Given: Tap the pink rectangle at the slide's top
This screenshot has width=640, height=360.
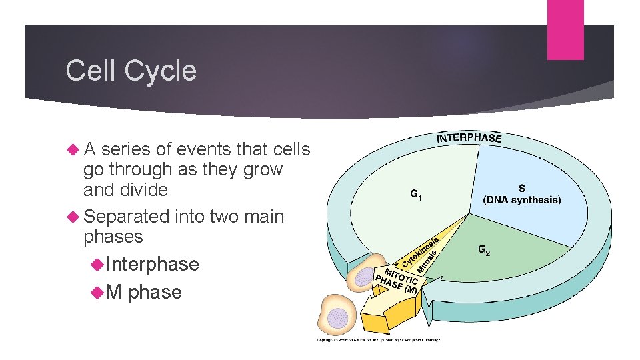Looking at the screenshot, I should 565,29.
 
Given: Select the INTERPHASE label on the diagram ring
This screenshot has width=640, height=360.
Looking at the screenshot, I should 469,138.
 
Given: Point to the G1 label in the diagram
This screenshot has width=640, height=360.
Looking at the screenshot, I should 415,195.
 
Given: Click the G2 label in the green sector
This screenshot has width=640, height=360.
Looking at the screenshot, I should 485,251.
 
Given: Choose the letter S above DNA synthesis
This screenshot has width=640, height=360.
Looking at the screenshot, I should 521,189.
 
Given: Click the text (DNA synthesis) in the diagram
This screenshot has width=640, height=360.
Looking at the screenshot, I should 522,200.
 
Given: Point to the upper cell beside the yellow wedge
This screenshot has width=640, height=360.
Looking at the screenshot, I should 367,273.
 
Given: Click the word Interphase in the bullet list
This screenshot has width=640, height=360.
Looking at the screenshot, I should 152,264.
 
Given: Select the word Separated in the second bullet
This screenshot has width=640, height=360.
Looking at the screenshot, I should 127,217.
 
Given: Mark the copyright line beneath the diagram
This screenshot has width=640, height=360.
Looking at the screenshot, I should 378,340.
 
